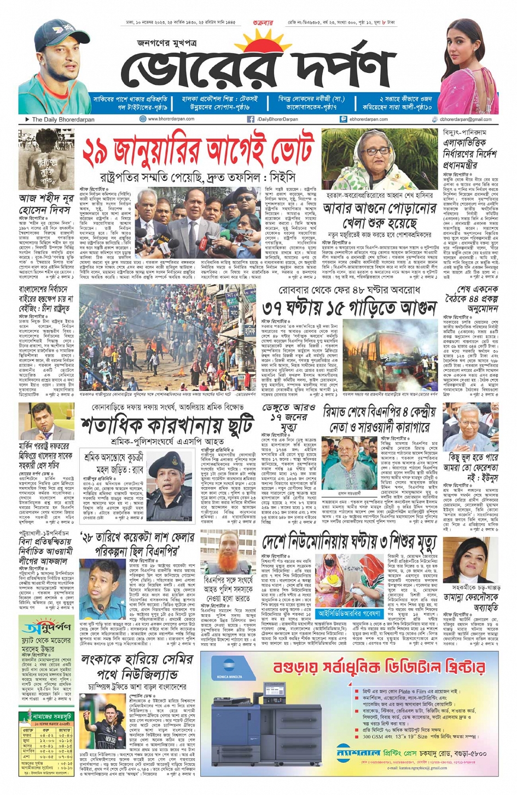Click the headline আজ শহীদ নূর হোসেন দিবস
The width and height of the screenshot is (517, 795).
(x=45, y=204)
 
